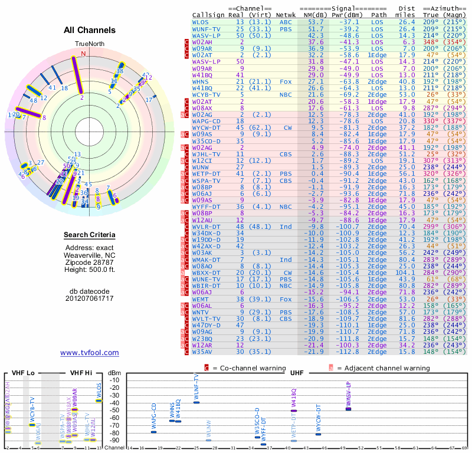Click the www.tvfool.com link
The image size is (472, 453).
tap(90, 353)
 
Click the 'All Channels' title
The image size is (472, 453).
tap(90, 30)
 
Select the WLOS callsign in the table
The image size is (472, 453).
tap(201, 22)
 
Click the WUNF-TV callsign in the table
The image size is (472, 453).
tap(206, 29)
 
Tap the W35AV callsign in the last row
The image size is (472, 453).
tap(202, 352)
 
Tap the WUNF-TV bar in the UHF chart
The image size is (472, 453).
tap(196, 402)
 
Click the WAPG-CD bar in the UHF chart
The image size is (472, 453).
tap(154, 432)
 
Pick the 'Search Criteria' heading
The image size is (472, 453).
tap(90, 235)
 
